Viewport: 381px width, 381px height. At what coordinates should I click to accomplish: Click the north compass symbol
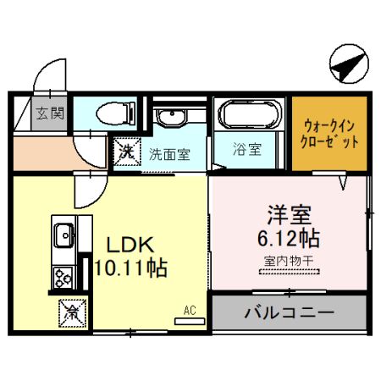tap(349, 63)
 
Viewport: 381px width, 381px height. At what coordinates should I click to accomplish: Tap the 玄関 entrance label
tap(50, 113)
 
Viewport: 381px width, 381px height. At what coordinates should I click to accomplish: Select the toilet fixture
tap(116, 113)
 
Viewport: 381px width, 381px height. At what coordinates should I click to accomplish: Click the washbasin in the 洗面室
tap(172, 117)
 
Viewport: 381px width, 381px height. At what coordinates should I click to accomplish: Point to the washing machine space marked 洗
tap(127, 152)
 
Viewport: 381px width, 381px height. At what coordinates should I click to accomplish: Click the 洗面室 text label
tap(169, 154)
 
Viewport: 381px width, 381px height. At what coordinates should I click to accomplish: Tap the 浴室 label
tap(247, 149)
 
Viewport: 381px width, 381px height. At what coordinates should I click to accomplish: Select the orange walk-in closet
tap(329, 134)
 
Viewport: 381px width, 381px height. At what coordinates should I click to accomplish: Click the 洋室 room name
tap(290, 215)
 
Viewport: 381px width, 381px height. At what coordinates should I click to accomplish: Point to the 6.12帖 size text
tap(289, 239)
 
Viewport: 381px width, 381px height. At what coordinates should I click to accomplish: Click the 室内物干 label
tap(289, 261)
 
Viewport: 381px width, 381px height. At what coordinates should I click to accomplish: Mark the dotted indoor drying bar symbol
tap(290, 272)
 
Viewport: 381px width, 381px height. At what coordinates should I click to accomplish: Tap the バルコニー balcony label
tap(290, 312)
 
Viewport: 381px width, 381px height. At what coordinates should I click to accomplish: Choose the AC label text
tap(190, 311)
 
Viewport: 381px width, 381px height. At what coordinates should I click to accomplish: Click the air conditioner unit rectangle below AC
tap(190, 321)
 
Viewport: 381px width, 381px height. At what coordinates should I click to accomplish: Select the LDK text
tap(130, 245)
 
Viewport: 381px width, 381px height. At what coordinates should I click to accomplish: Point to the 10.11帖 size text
tap(131, 268)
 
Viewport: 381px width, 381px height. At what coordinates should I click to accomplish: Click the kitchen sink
tap(64, 235)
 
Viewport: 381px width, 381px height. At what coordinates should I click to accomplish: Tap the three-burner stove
tap(63, 278)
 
